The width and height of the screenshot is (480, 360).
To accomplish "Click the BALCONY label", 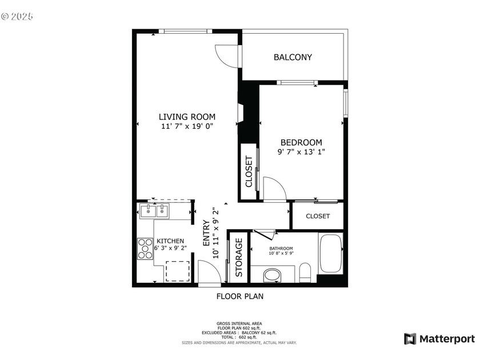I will click(293, 57).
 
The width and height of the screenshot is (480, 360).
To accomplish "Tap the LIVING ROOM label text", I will click(187, 117).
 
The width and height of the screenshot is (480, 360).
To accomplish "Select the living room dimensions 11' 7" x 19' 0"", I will click(187, 127).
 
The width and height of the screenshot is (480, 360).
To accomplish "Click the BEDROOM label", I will click(301, 142).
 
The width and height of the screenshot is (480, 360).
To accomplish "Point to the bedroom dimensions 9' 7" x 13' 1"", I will click(301, 152).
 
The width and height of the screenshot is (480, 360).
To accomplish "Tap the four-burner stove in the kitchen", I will click(145, 249).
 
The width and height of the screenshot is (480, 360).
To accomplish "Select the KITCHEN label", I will click(170, 241).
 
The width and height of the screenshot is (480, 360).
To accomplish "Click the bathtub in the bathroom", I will click(330, 253).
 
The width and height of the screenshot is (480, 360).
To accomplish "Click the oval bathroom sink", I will click(272, 275).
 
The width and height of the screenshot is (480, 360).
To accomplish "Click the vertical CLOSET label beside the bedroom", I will click(249, 172).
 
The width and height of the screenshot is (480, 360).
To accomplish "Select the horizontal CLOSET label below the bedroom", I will click(318, 216).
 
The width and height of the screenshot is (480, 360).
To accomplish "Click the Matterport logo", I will click(439, 339).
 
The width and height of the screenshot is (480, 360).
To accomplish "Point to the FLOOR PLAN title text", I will click(239, 296).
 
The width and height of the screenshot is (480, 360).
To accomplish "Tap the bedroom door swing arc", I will click(273, 188).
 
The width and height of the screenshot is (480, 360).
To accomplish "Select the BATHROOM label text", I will click(281, 249).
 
